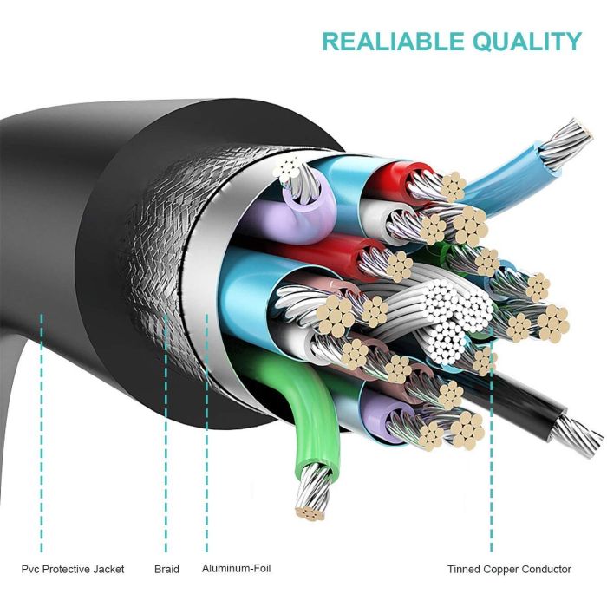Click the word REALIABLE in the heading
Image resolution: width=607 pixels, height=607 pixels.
[x=394, y=41]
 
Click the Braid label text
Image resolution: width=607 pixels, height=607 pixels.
[x=166, y=569]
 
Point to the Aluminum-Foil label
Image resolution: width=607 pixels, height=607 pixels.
[x=235, y=569]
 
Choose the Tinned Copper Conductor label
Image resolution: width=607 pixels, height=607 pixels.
[x=509, y=569]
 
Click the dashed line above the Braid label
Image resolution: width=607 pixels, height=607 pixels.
[x=166, y=434]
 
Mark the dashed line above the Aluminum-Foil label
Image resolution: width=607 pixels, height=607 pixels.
[x=206, y=434]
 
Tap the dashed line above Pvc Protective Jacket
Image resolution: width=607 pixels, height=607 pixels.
[x=41, y=434]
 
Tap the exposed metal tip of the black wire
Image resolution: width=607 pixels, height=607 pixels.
[x=579, y=434]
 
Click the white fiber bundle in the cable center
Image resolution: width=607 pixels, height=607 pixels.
[x=442, y=317]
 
